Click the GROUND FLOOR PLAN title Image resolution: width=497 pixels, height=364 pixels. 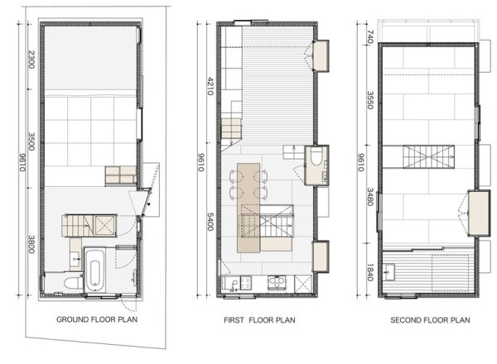tap(97, 319)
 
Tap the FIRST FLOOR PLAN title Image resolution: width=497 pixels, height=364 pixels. tap(259, 320)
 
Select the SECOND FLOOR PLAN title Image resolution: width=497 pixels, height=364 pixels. tap(430, 320)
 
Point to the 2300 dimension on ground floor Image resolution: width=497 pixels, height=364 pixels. tap(31, 60)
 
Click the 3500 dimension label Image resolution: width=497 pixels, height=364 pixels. tap(31, 141)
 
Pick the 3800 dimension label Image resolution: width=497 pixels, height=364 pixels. tap(31, 244)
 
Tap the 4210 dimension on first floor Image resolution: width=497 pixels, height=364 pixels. tap(210, 86)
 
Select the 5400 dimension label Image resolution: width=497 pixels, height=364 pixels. tap(210, 222)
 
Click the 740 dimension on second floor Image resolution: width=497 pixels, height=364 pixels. tap(369, 36)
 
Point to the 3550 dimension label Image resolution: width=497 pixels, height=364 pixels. tap(369, 100)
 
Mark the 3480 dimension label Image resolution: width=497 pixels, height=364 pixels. tap(369, 197)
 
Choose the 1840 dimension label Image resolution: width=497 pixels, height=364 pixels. tap(369, 272)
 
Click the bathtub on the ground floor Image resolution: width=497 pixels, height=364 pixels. tap(94, 270)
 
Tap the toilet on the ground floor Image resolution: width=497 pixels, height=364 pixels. tap(73, 283)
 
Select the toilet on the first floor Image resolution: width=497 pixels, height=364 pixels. tap(316, 156)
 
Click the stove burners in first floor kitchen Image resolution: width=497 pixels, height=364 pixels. tap(277, 282)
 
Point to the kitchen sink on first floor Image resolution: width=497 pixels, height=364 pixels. tap(234, 284)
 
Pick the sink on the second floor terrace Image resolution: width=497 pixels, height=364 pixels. tap(388, 272)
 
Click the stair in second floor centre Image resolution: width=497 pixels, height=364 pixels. tap(428, 156)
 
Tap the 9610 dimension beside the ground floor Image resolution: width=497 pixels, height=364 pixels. tap(22, 162)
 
